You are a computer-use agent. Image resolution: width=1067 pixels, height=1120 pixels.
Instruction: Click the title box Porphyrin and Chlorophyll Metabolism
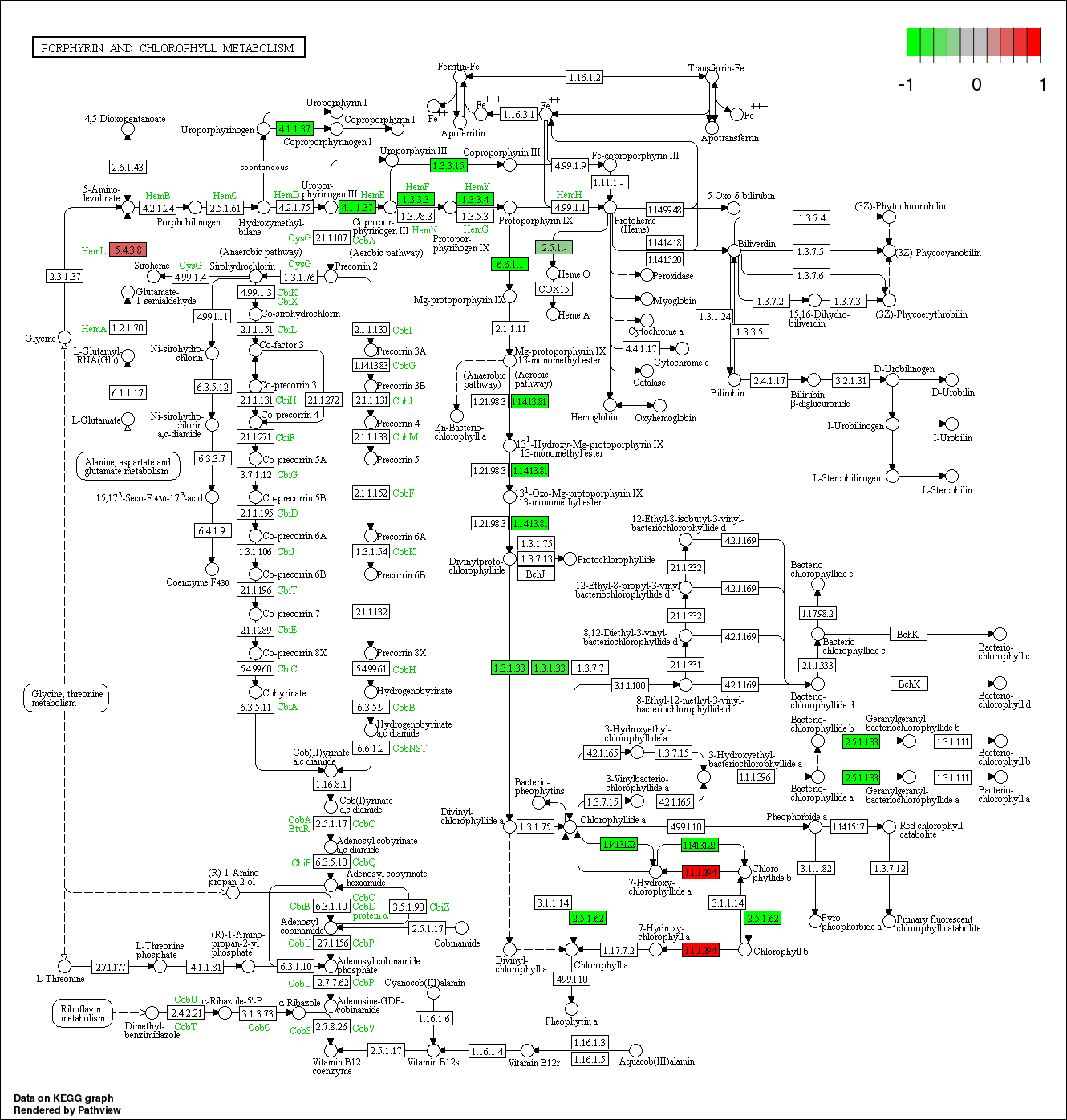[168, 47]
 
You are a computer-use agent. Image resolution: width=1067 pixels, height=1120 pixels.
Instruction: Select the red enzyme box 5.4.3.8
[128, 250]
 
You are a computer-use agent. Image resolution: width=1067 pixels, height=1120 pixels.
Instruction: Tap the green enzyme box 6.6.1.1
[510, 264]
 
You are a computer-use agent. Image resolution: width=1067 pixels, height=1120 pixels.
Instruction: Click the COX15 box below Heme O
[554, 289]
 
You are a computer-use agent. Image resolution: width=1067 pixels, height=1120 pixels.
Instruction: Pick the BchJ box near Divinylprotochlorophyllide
[535, 574]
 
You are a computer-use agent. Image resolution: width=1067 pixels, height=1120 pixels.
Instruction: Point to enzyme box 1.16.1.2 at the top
[584, 77]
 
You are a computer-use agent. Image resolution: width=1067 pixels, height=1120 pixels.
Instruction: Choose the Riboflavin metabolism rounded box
[83, 1013]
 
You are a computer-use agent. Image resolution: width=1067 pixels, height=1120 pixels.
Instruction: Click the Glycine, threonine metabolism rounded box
[67, 698]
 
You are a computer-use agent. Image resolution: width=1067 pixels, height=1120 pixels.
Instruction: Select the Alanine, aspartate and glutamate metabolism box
[128, 466]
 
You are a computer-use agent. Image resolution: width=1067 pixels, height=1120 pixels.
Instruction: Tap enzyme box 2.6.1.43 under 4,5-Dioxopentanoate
[128, 167]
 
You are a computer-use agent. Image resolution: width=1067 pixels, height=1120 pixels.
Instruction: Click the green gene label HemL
[93, 251]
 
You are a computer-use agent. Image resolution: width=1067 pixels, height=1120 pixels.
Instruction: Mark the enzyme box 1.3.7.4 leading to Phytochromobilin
[812, 217]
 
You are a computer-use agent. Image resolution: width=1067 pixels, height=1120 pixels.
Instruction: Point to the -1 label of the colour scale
[906, 84]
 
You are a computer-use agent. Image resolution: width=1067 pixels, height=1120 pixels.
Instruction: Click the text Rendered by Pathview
[67, 1110]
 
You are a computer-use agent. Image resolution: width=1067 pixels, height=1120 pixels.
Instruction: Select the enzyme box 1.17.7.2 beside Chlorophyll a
[619, 950]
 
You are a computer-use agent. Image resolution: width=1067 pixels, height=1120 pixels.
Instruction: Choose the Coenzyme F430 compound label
[197, 582]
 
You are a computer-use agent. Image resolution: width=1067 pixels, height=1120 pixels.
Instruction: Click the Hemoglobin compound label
[594, 417]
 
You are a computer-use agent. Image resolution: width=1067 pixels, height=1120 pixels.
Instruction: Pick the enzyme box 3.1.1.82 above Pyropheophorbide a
[816, 868]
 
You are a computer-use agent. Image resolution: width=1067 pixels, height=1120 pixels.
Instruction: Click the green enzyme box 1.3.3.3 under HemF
[416, 199]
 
